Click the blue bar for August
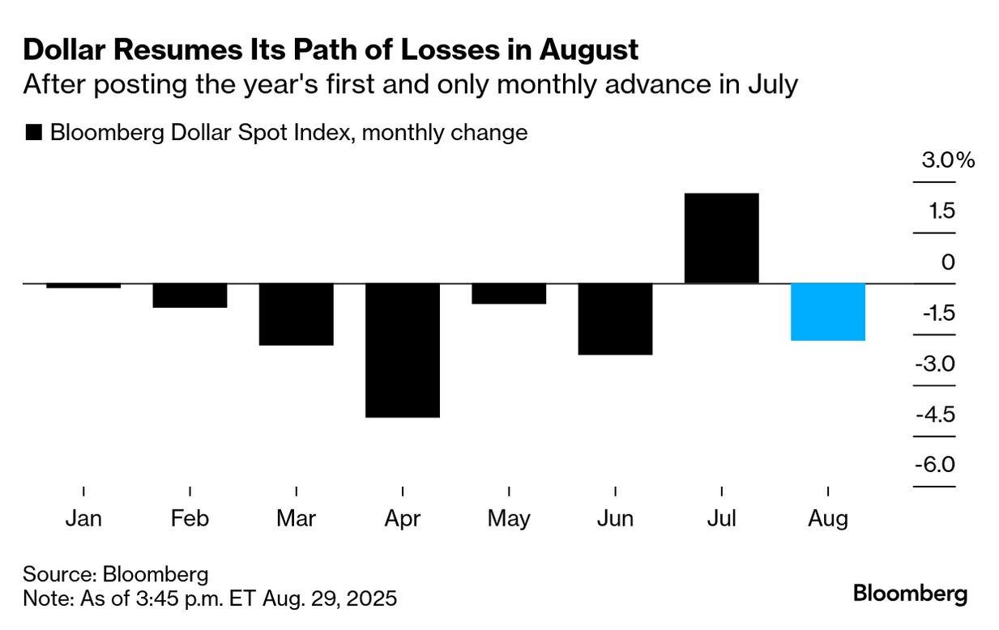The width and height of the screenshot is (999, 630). tap(828, 312)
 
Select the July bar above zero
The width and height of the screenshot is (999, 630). tap(721, 238)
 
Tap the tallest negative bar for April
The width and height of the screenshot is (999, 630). tap(403, 350)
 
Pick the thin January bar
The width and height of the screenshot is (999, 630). tap(83, 286)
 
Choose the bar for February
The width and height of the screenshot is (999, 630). tap(190, 296)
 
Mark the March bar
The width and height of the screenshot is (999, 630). tap(297, 314)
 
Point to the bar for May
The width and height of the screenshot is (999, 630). tap(509, 293)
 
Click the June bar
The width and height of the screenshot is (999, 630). tap(615, 319)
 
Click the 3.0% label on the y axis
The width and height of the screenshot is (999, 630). tap(947, 160)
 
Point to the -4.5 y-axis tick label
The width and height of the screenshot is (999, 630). tap(935, 415)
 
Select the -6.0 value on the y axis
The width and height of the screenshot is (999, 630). tap(935, 466)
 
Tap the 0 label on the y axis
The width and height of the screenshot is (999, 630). tap(948, 262)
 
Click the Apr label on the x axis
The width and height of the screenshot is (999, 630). tap(403, 518)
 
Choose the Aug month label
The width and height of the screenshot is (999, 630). tap(828, 518)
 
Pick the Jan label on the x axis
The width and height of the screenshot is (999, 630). tap(83, 518)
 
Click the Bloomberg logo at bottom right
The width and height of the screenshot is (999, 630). tap(910, 594)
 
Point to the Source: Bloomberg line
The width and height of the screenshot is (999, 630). tap(116, 574)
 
